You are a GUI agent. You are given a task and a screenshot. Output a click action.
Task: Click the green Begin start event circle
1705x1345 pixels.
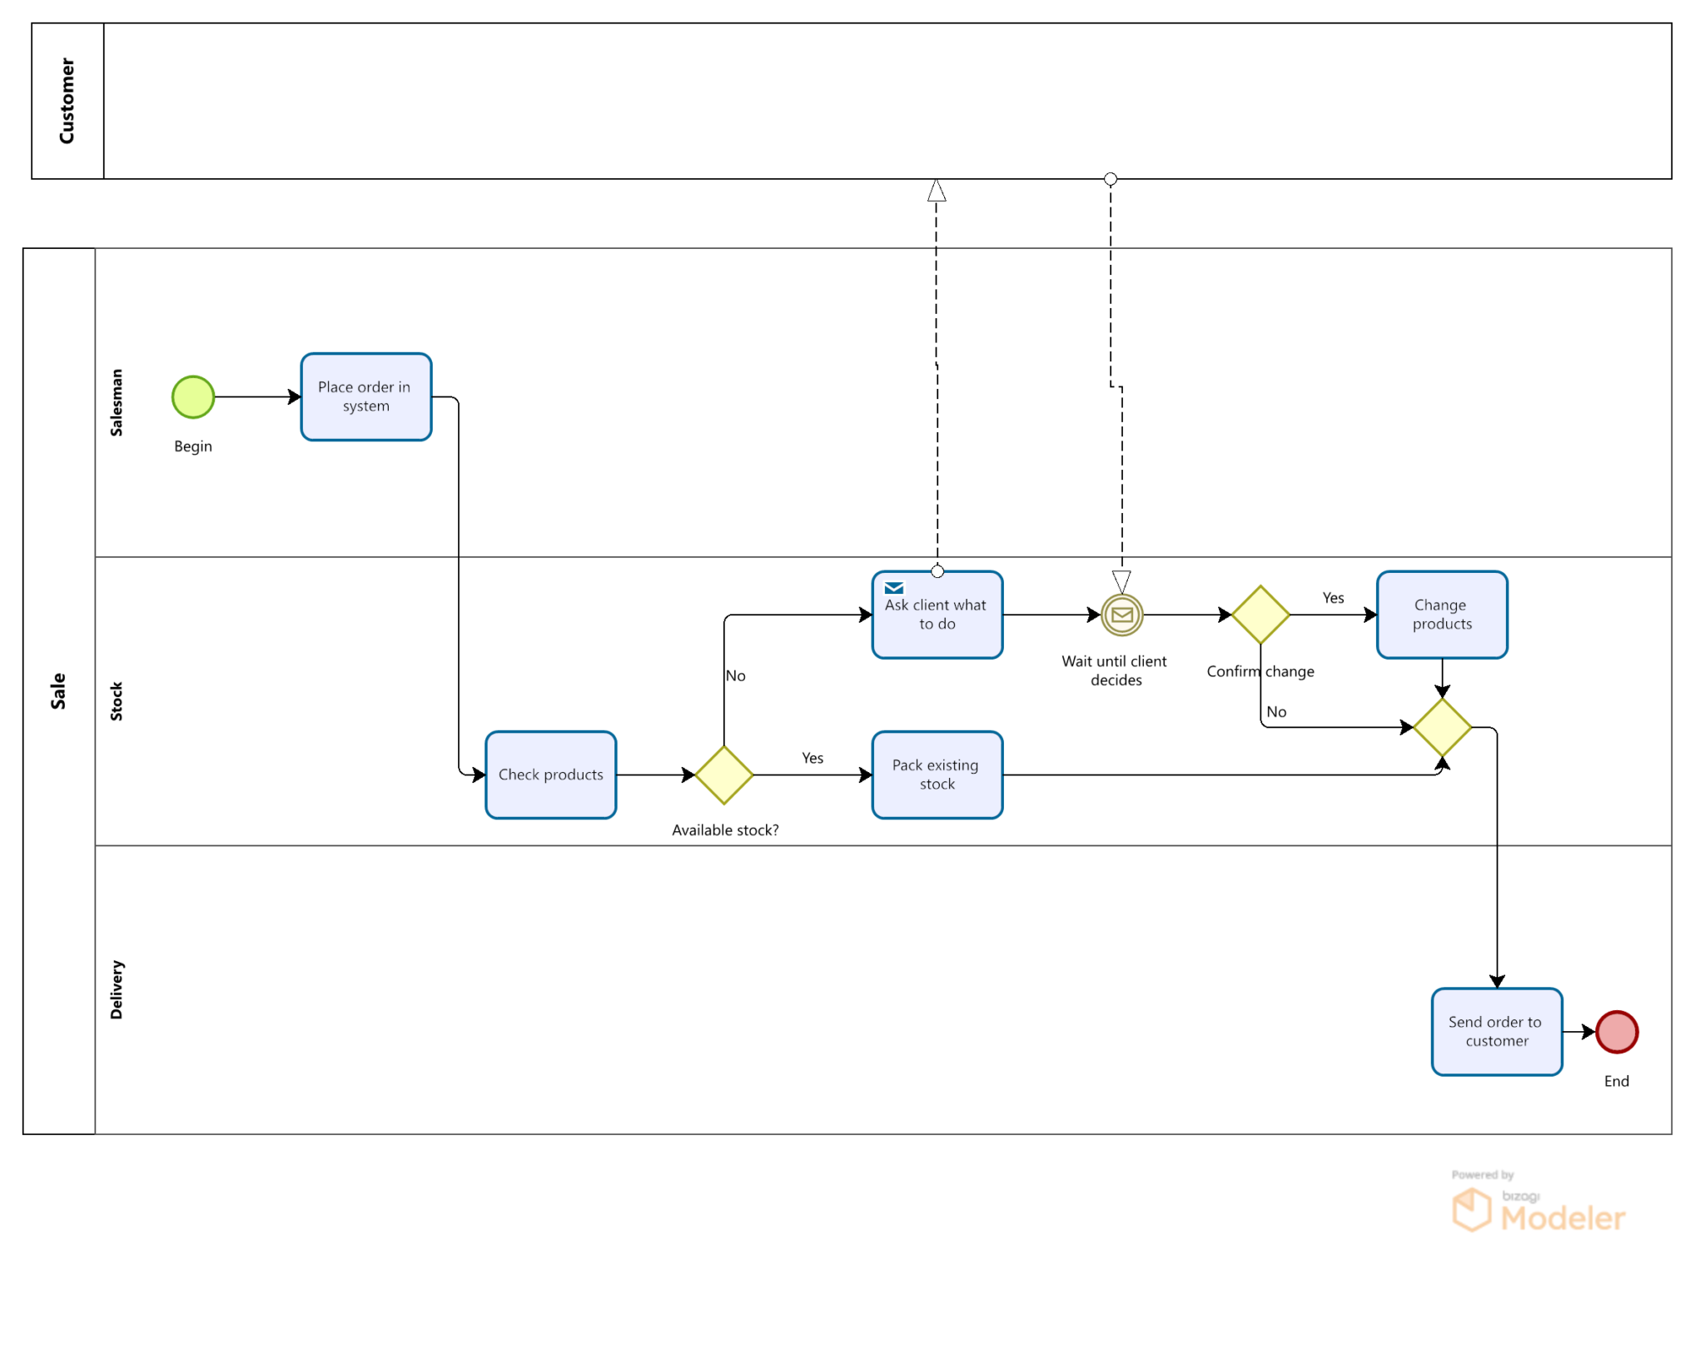pyautogui.click(x=193, y=396)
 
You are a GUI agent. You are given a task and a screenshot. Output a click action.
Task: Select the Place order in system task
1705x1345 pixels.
pyautogui.click(x=365, y=396)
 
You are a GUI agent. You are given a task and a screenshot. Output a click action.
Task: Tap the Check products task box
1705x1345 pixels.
pyautogui.click(x=550, y=775)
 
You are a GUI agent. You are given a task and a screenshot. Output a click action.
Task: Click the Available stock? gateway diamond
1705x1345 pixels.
pyautogui.click(x=723, y=775)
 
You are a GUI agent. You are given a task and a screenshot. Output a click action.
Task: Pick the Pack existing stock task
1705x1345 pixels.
pyautogui.click(x=937, y=775)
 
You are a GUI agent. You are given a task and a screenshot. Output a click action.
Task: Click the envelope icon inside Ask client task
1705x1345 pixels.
pyautogui.click(x=893, y=588)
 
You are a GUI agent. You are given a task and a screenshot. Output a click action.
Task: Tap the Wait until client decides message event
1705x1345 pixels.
pyautogui.click(x=1121, y=615)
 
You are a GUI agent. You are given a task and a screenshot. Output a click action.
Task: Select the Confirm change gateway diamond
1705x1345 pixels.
pyautogui.click(x=1260, y=615)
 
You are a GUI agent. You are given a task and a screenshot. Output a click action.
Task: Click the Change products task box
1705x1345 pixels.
pyautogui.click(x=1441, y=615)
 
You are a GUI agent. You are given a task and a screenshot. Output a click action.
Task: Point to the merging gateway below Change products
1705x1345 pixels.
pyautogui.click(x=1441, y=727)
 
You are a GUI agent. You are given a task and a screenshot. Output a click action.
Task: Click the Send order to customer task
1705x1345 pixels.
pyautogui.click(x=1496, y=1031)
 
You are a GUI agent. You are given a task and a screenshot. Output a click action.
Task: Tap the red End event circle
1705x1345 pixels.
pyautogui.click(x=1616, y=1031)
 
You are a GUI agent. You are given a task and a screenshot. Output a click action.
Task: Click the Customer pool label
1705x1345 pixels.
pyautogui.click(x=67, y=101)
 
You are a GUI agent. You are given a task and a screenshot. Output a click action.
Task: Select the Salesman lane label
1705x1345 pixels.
pyautogui.click(x=117, y=402)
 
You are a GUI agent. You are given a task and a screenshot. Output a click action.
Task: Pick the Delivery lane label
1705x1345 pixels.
pyautogui.click(x=117, y=989)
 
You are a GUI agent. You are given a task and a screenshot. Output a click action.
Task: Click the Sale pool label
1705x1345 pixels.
pyautogui.click(x=58, y=690)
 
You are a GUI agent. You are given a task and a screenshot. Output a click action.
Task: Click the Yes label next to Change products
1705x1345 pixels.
pyautogui.click(x=1332, y=597)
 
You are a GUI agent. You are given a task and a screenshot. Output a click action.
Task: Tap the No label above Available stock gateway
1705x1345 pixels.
pyautogui.click(x=735, y=675)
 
